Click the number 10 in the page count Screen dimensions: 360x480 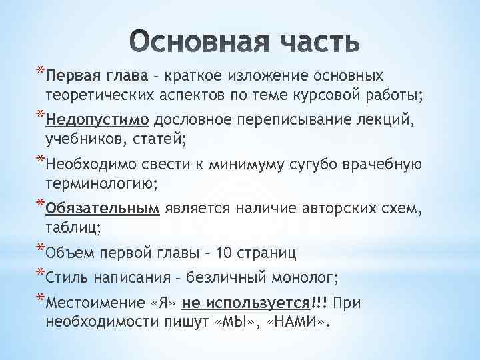[224, 254]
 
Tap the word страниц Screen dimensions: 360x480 [269, 254]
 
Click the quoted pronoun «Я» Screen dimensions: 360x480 [163, 304]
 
